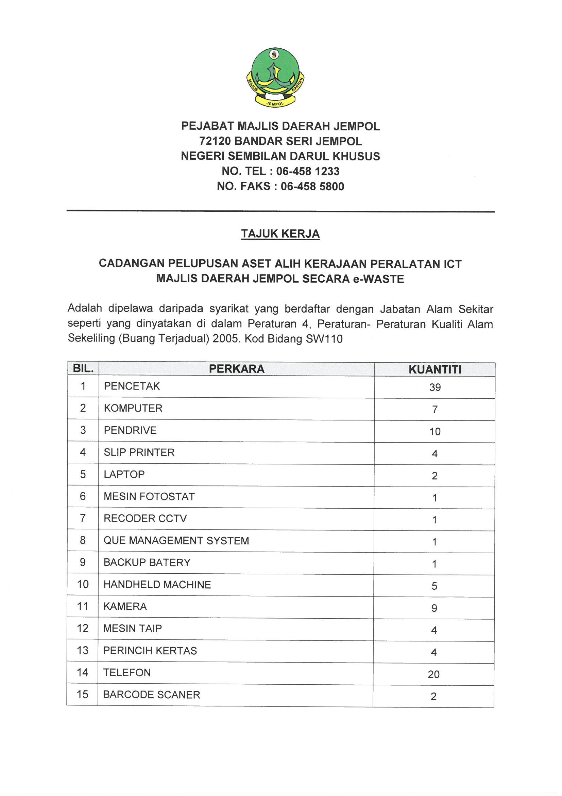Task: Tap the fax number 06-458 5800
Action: coord(312,187)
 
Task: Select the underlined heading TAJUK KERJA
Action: coord(280,234)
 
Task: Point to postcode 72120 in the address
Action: coord(215,141)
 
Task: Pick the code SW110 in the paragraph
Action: coord(324,339)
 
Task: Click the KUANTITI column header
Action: coord(435,370)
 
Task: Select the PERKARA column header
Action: coord(237,369)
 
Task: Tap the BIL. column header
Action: coord(83,368)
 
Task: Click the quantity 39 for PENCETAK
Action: coord(435,387)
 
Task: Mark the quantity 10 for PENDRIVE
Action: coord(435,432)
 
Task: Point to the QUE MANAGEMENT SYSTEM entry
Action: coord(176,541)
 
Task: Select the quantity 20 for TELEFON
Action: coord(433,674)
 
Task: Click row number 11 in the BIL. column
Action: coord(83,606)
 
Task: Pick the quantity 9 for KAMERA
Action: coord(434,608)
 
